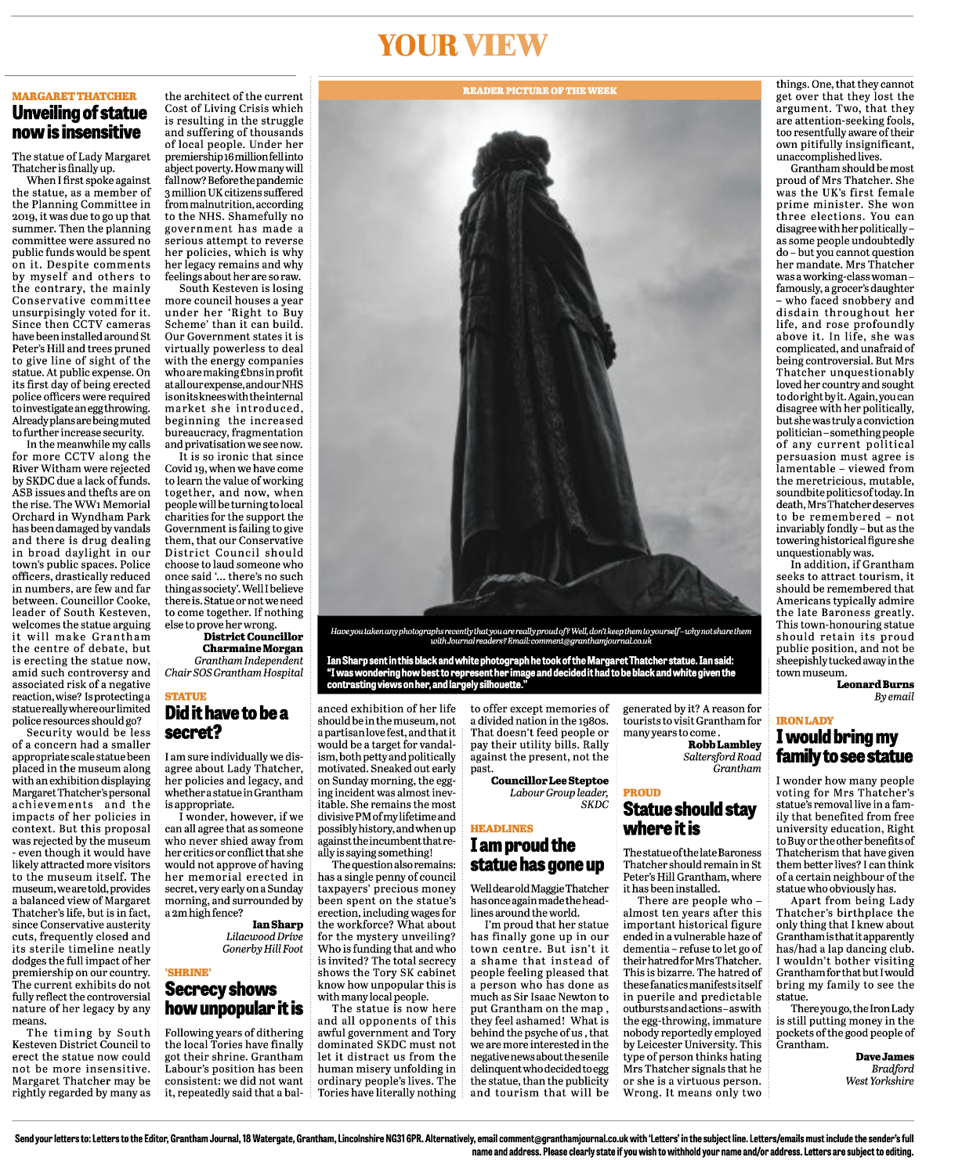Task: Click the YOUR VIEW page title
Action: click(462, 45)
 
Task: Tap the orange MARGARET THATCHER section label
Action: click(74, 96)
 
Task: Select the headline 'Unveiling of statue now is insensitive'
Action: click(79, 122)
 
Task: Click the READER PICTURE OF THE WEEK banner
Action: click(539, 91)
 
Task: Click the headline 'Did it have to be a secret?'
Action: click(226, 723)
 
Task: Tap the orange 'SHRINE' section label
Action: click(188, 972)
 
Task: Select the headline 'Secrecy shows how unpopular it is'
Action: click(233, 999)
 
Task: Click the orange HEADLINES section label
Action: click(501, 828)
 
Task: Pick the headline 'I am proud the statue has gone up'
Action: click(537, 855)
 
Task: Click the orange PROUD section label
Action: click(642, 792)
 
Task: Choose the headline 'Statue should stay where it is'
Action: click(689, 819)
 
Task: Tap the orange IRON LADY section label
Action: click(805, 720)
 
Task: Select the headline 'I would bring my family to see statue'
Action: click(844, 747)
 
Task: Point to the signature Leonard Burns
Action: click(875, 684)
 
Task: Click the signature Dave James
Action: click(884, 1057)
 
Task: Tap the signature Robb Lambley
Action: click(725, 744)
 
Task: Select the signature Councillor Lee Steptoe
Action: click(549, 780)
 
